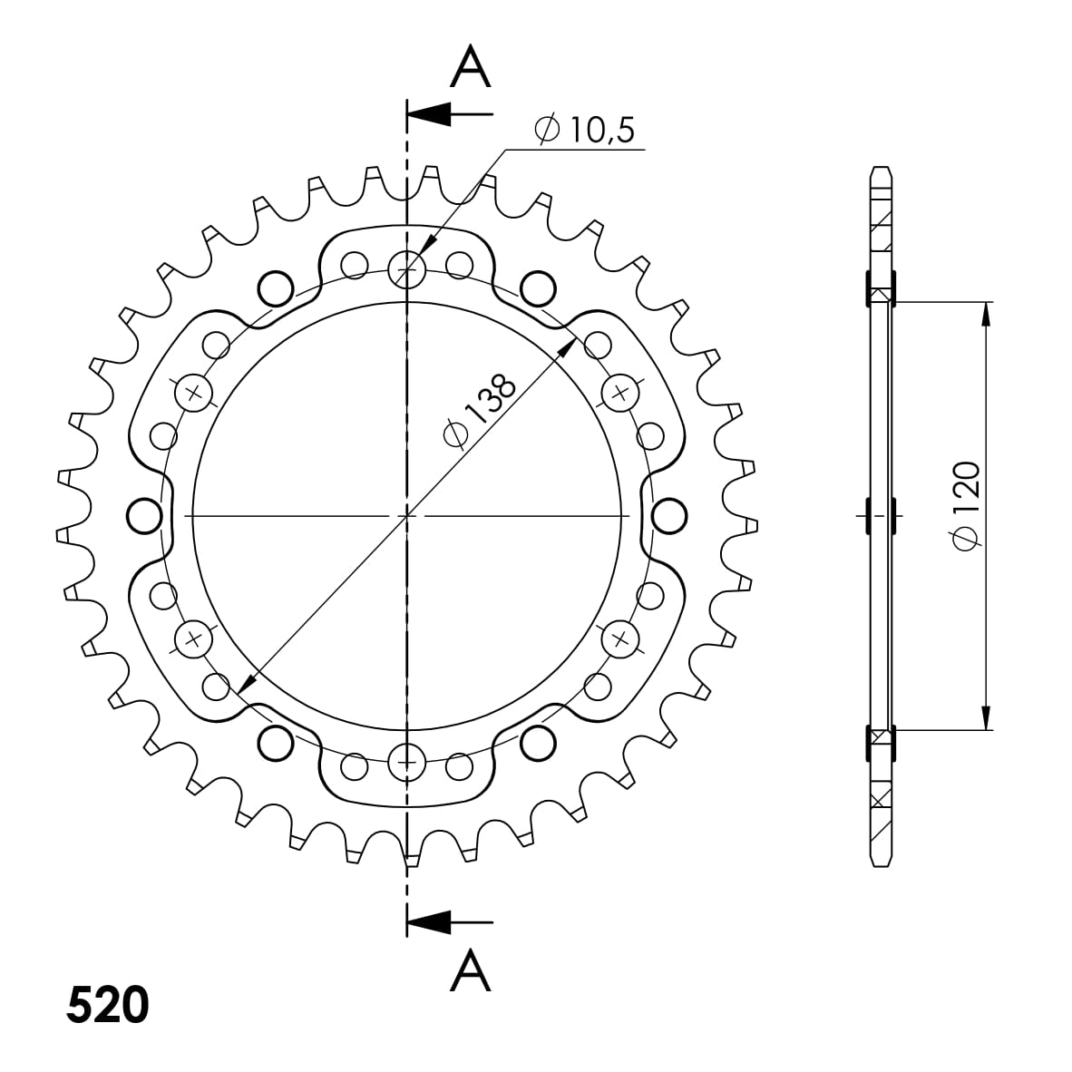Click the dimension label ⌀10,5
point(585,129)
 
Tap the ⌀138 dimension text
point(480,410)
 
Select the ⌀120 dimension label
point(967,506)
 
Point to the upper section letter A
point(471,66)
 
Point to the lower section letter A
point(471,970)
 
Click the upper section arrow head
point(429,113)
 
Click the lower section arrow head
point(429,922)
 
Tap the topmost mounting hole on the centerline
point(407,268)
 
